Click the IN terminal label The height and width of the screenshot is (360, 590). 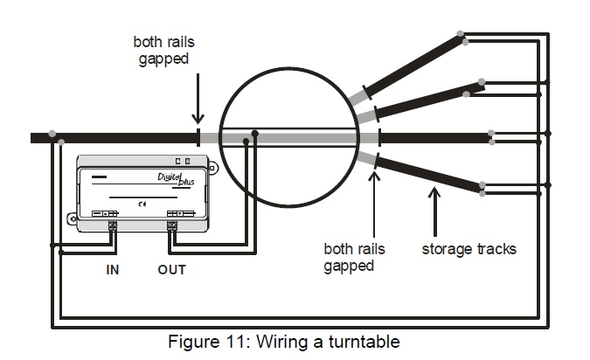113,270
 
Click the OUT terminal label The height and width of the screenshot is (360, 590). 172,270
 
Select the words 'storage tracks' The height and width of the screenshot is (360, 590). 469,249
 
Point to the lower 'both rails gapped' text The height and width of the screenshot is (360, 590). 355,257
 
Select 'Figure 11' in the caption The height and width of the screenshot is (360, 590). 200,343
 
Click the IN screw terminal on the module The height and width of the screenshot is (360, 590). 113,226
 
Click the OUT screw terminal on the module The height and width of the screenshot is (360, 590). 172,226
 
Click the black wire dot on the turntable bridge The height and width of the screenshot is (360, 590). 254,134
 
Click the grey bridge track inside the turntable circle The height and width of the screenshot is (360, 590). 288,138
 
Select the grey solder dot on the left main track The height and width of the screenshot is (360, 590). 53,134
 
